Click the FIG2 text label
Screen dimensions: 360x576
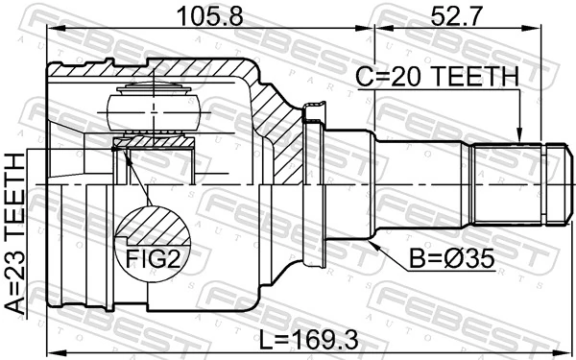point(151,258)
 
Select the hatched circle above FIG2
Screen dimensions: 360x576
point(152,227)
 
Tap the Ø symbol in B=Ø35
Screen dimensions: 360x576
point(432,259)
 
